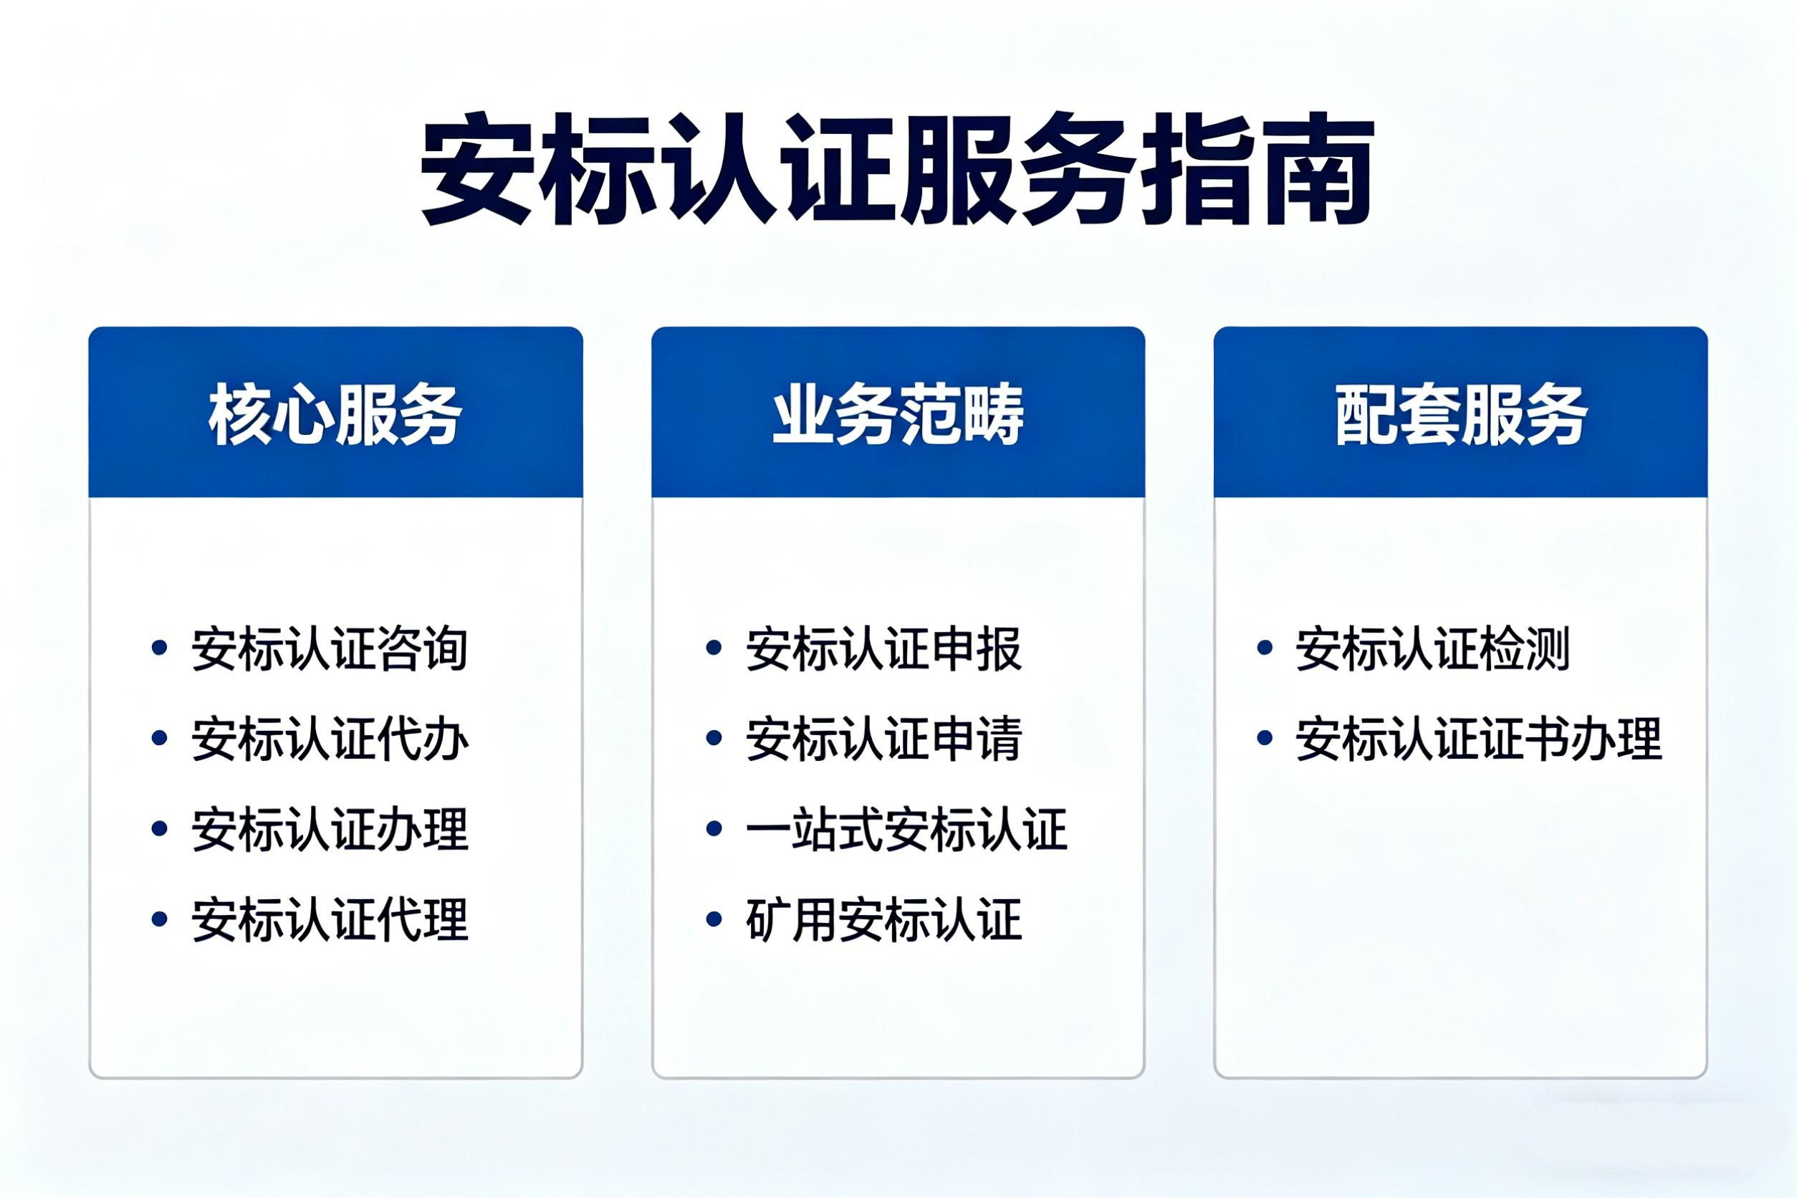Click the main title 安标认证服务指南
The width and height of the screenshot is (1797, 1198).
[897, 170]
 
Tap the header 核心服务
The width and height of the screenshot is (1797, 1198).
[335, 414]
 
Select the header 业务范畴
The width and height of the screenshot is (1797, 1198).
[898, 414]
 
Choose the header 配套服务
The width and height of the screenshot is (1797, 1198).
[1461, 414]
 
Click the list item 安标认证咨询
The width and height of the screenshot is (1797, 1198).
[330, 648]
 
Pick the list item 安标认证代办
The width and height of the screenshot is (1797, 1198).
[330, 739]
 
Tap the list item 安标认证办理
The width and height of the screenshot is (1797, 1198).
[330, 829]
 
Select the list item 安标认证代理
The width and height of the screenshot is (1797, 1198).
[330, 919]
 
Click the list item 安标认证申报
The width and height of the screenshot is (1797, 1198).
[884, 648]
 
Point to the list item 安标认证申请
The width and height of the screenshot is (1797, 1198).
[884, 739]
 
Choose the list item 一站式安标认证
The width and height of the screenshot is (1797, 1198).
[906, 829]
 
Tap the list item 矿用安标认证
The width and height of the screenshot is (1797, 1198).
[884, 919]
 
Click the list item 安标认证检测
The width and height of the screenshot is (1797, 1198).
[1432, 648]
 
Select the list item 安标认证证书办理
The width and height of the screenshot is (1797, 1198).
[1478, 739]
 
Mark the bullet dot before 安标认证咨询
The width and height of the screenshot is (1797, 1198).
[160, 648]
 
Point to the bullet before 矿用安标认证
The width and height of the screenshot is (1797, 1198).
[714, 919]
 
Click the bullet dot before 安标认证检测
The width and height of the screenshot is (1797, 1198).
[1265, 648]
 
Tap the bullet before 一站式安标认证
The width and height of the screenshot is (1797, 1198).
[714, 828]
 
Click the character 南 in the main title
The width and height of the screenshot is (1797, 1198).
[1316, 170]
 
